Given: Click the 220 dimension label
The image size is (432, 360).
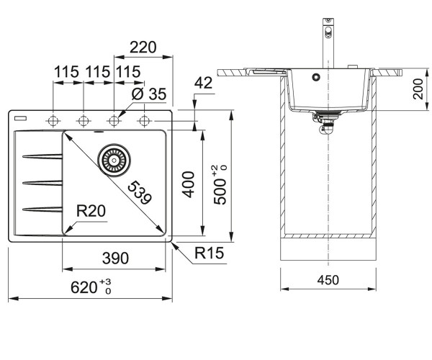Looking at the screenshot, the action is [143, 47].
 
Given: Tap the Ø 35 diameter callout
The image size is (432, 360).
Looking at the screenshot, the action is [149, 94].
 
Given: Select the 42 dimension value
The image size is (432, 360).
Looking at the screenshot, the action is [203, 83].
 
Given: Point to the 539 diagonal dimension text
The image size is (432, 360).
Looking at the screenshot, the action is [140, 193].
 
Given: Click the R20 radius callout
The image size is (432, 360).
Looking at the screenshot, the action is [91, 211].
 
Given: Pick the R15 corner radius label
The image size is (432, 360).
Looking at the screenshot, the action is [209, 253].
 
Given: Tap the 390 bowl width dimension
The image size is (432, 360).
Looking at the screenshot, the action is [115, 258].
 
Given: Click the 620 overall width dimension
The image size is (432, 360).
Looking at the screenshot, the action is [91, 287].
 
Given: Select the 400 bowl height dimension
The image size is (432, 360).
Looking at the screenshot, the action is [189, 184].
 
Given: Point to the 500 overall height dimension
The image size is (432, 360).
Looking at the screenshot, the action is [220, 184].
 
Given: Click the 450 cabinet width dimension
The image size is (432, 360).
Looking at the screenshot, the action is [328, 280].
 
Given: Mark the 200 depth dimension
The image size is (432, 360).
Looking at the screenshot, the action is [418, 89].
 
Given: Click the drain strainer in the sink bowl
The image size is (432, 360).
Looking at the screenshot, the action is [114, 160].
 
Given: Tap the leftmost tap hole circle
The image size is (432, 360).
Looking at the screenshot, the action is [53, 121].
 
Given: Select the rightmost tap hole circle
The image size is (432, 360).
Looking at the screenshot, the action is [144, 121].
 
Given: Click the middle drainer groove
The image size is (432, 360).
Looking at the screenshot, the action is [42, 183].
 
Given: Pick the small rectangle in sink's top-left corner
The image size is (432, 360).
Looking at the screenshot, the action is [21, 118].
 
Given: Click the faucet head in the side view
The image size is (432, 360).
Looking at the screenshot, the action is [328, 28].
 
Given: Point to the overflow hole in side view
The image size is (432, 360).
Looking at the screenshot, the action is [316, 77].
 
